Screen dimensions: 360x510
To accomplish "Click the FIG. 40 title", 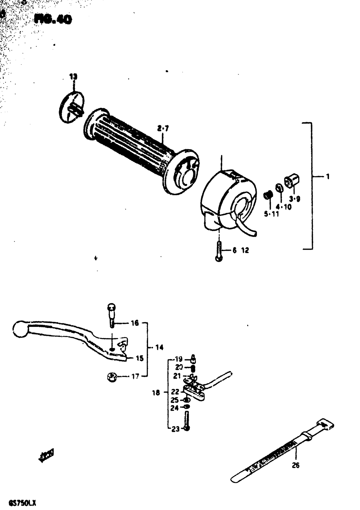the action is click(53, 19).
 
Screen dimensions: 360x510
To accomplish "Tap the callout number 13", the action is click(73, 77).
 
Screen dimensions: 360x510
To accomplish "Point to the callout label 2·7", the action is click(163, 128).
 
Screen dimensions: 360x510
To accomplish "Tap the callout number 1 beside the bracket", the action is click(328, 176).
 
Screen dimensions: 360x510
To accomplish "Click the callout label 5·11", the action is click(271, 214).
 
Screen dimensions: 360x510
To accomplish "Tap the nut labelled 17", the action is click(111, 377).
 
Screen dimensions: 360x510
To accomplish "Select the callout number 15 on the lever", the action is click(139, 358).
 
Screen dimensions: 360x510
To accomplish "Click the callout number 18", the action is click(156, 393).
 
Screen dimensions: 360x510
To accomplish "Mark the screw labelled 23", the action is click(186, 421).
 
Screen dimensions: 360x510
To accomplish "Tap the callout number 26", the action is click(295, 465).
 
